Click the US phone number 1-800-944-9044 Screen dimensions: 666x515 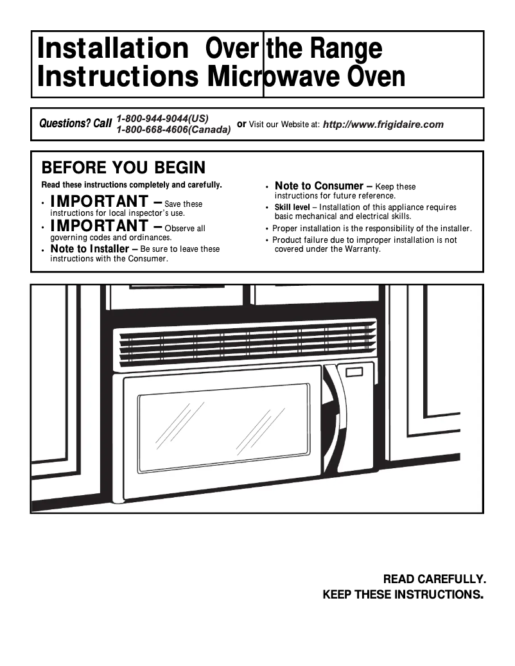tap(162, 118)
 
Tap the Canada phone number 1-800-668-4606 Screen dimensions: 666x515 tap(173, 130)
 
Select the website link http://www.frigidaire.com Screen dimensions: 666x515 tap(383, 125)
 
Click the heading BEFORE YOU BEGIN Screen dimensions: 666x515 tap(123, 168)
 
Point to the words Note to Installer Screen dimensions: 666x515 tap(89, 249)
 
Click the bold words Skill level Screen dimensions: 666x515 tap(292, 207)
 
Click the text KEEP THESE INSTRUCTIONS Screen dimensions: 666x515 tap(403, 594)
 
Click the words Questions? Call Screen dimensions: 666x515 tap(76, 123)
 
